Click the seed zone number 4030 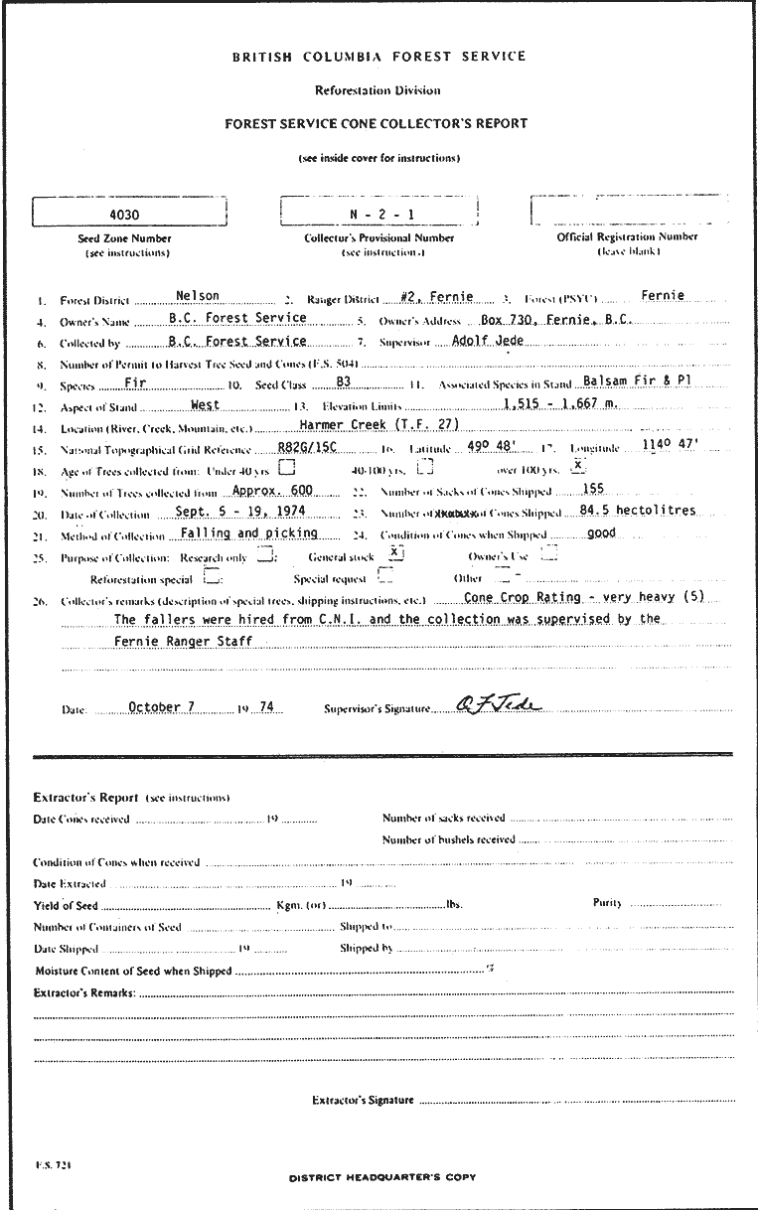point(124,214)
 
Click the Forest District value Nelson point(197,295)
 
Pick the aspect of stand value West point(205,404)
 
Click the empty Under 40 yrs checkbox point(286,467)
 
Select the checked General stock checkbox point(394,552)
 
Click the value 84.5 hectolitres point(637,511)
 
